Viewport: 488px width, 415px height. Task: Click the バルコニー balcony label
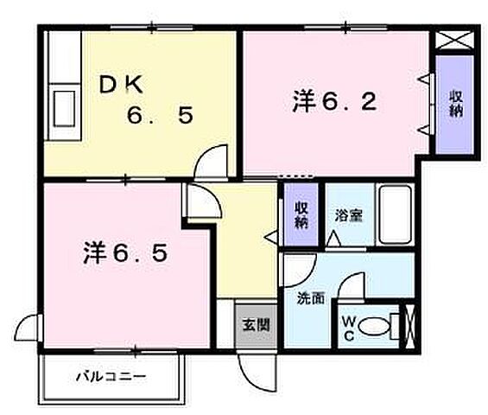coord(110,376)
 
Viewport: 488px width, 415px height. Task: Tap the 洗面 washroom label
coord(311,299)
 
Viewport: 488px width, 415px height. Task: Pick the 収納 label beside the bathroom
coord(300,214)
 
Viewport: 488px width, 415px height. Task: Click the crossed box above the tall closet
coord(454,39)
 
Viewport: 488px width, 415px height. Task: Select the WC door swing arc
coord(352,287)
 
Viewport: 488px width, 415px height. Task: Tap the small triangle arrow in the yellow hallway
coord(269,234)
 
